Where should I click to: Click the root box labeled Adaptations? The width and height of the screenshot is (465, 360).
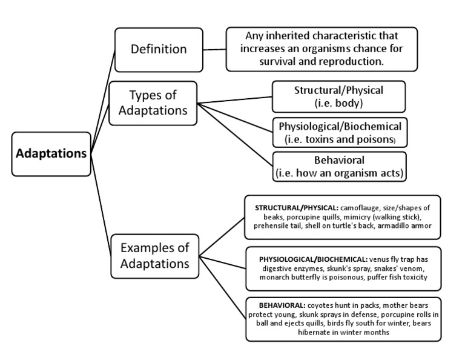(51, 153)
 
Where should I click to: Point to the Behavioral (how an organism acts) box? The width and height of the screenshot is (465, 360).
(338, 167)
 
